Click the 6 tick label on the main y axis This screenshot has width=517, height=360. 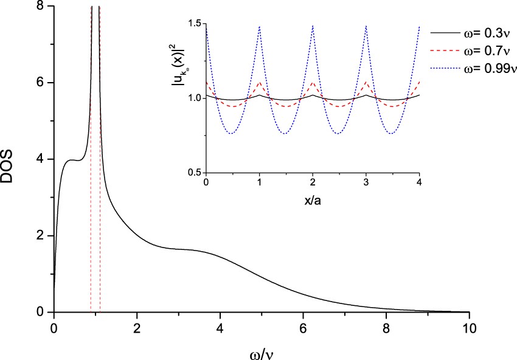click(41, 83)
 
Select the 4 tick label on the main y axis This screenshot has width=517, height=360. click(41, 159)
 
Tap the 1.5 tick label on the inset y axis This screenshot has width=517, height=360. click(194, 23)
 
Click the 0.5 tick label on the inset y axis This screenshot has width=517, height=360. click(194, 173)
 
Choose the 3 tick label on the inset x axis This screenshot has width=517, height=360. click(366, 183)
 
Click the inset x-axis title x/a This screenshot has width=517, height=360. click(313, 199)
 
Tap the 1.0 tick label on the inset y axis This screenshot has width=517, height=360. click(194, 98)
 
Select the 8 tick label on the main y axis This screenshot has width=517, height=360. click(41, 6)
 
